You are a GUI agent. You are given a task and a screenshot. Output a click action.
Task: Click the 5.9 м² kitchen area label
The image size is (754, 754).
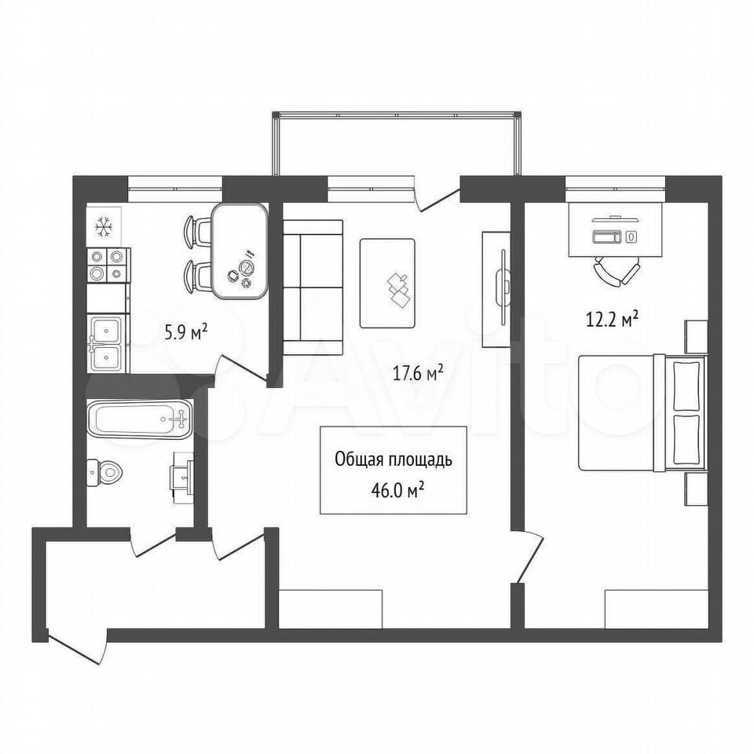pos(186,332)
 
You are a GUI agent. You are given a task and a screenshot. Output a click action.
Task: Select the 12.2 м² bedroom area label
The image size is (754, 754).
pos(612,319)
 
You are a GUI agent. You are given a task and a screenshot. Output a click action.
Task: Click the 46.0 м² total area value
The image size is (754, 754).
pos(397,491)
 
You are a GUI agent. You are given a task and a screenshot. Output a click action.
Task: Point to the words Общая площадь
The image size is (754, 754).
pos(393,460)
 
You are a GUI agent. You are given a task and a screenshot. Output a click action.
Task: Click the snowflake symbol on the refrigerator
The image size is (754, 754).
pos(104,226)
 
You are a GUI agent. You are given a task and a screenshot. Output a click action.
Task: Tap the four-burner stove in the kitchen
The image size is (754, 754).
pos(108,265)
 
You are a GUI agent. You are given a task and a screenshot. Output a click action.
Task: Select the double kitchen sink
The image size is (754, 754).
pos(108,343)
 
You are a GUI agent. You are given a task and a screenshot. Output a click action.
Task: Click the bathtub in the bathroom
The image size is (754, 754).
pos(140,418)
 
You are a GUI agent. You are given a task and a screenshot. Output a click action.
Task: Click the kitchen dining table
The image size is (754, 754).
pos(240,251)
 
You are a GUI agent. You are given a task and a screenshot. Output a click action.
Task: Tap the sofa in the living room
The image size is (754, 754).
pos(313,287)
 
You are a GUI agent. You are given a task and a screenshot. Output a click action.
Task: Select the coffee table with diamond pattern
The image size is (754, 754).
pos(387,284)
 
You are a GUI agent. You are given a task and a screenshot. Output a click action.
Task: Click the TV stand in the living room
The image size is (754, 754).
pos(496,289)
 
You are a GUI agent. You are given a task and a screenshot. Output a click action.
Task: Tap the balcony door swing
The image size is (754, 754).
pos(437,200)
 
